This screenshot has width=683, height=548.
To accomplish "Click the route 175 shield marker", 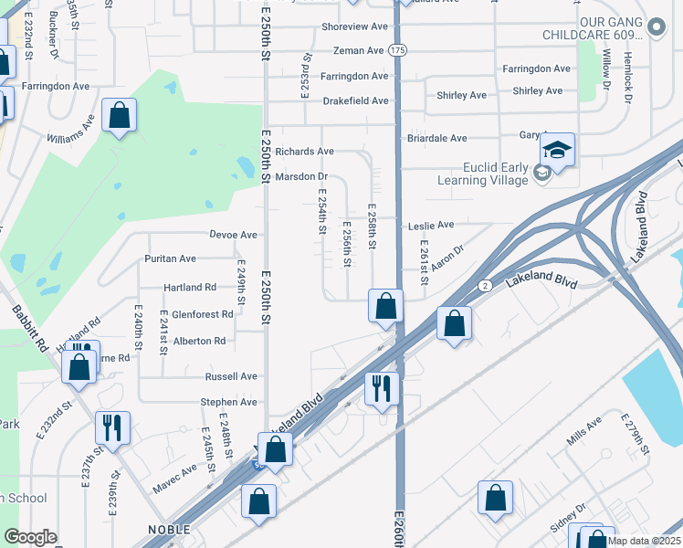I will point(397,49).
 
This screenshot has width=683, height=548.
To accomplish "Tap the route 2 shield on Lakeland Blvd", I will point(484,286).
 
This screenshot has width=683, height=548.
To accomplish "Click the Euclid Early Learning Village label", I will point(483,174).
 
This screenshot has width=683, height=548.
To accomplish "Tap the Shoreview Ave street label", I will point(355,27).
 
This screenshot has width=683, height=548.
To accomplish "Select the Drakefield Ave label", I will point(355,101).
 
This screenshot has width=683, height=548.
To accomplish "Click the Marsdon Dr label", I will point(301,176).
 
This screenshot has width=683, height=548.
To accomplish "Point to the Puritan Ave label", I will point(170,259).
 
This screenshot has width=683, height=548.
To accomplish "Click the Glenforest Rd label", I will point(202,314).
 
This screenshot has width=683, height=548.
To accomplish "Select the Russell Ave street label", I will point(231,376).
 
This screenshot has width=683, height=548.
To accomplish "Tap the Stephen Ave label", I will point(228,402).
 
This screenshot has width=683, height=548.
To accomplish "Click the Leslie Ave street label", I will point(432,225).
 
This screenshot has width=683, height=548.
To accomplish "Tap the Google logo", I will point(31,537).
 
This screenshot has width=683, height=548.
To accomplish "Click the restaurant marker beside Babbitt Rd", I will point(112,427).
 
